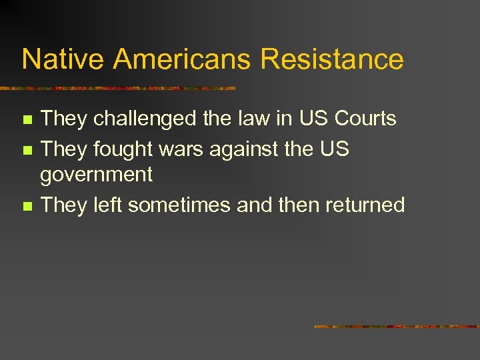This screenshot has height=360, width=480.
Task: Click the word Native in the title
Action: [63, 59]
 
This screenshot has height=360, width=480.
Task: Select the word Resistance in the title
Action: [332, 59]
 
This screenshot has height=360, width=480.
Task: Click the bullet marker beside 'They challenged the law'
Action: [27, 120]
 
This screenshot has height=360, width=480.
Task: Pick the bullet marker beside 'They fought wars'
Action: [27, 150]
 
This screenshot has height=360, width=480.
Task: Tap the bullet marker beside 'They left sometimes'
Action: [27, 206]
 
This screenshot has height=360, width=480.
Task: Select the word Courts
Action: [365, 119]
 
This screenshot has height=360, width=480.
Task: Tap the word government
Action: [97, 175]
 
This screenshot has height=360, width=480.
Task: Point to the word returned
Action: [365, 205]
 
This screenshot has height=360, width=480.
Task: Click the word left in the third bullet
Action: [108, 205]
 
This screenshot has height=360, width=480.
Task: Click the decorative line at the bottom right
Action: [396, 327]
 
